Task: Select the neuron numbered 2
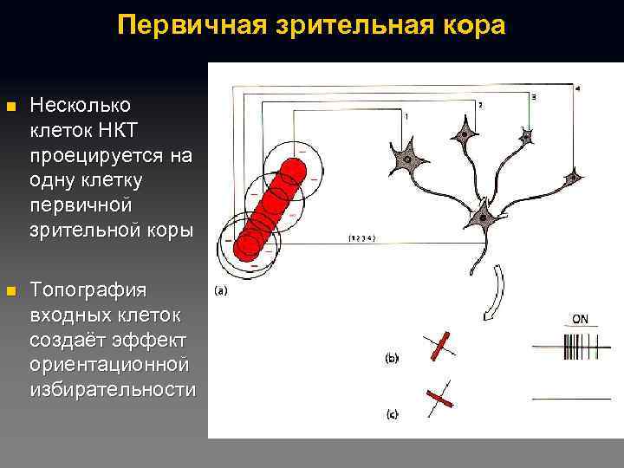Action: pyautogui.click(x=465, y=134)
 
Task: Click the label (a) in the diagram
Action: pyautogui.click(x=220, y=291)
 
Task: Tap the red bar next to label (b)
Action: pyautogui.click(x=439, y=346)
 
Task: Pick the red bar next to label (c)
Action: pyautogui.click(x=440, y=399)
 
